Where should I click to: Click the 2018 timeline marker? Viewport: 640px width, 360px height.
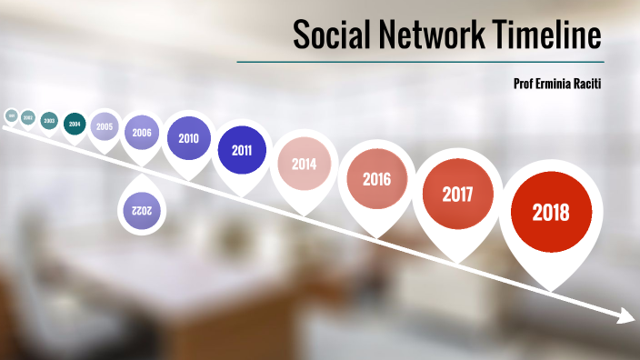551,213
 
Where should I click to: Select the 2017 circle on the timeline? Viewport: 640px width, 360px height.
456,194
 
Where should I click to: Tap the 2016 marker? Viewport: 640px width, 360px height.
376,178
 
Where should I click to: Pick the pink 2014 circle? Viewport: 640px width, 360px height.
304,165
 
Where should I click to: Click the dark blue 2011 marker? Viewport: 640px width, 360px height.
242,151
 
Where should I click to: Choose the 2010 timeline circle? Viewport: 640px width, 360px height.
189,139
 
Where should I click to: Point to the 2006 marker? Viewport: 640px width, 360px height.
142,133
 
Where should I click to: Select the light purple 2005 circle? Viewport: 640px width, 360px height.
105,126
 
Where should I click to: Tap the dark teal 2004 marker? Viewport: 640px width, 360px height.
75,124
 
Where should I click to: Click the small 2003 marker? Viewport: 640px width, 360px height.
49,120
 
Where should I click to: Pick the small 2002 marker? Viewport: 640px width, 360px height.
28,117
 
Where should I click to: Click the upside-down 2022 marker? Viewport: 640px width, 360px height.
142,210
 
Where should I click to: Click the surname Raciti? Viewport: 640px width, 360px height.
589,83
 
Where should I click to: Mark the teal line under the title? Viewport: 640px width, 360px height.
419,62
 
